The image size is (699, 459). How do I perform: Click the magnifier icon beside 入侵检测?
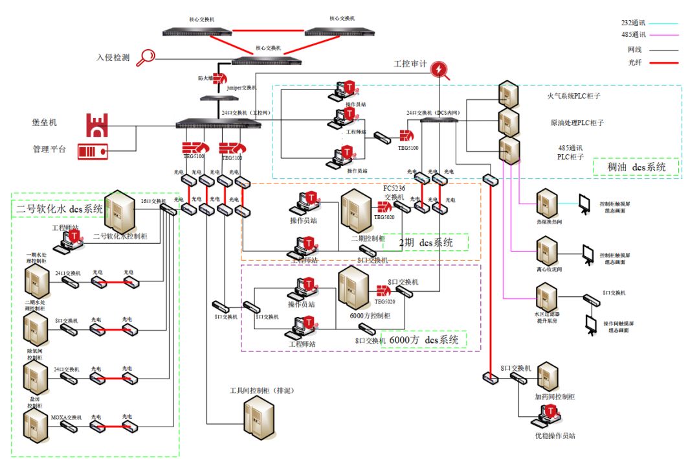(x=147, y=56)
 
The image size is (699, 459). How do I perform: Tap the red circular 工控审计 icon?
(x=439, y=69)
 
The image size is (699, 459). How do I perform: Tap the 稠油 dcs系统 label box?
(x=636, y=167)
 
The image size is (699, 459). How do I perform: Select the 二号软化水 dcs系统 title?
(x=60, y=209)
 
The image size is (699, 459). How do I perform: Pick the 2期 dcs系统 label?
(x=425, y=242)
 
